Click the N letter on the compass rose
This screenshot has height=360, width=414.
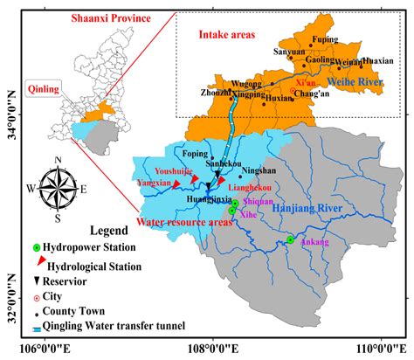[x=57, y=158]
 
